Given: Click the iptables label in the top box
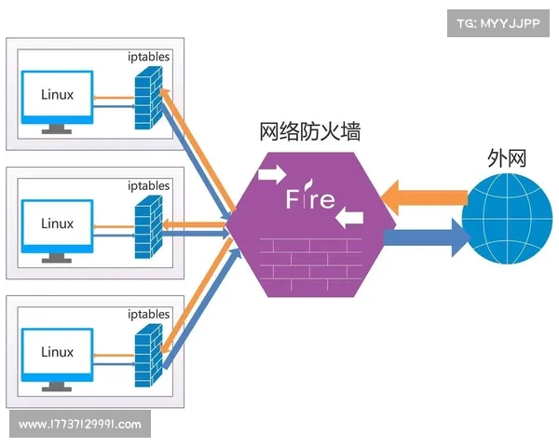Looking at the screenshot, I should pos(148,57).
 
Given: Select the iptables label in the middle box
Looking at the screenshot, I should pos(148,185).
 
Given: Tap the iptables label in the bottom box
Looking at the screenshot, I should pos(148,314).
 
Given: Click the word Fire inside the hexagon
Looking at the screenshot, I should pos(310,199).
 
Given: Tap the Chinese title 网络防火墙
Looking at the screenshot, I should pos(310,132).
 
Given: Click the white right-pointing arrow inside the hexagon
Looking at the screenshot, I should pos(273,173).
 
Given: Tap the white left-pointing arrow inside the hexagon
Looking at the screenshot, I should pos(349,220).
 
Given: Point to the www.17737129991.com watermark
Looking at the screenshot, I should pos(80,425).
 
